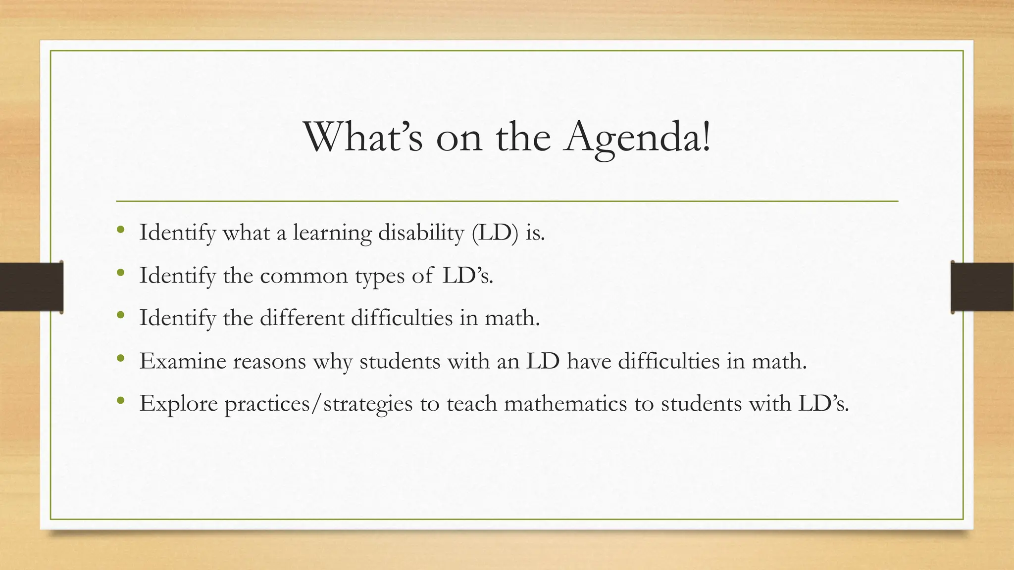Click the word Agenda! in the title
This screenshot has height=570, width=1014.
(638, 138)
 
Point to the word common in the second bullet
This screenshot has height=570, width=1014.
(304, 276)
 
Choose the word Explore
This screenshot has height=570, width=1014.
(178, 404)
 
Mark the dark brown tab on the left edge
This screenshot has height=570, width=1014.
(31, 287)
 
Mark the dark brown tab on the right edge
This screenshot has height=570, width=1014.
(982, 287)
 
